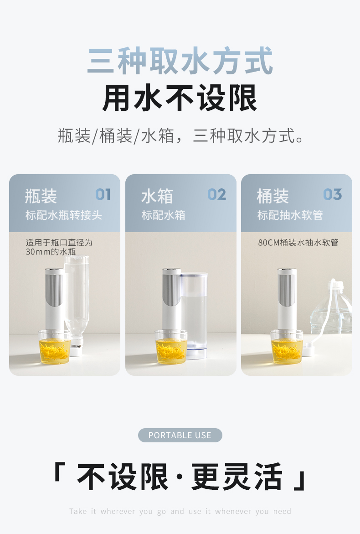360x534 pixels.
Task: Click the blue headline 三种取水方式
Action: tap(180, 61)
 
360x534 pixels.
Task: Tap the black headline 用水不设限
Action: tap(180, 98)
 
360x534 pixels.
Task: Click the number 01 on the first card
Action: tap(103, 194)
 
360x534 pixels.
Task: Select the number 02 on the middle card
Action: tap(217, 194)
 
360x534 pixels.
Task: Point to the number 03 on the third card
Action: tap(333, 194)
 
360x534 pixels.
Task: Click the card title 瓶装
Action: tap(41, 196)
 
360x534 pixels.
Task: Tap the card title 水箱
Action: tap(157, 196)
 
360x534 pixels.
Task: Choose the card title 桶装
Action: tap(273, 196)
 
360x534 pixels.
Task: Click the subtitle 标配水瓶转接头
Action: tap(64, 215)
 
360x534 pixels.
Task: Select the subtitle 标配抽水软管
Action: tap(290, 215)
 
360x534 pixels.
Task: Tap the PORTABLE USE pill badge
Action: tap(180, 435)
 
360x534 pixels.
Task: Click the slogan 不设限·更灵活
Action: tap(180, 477)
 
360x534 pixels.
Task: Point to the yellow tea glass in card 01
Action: tap(54, 347)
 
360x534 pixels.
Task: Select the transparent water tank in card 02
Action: tap(194, 316)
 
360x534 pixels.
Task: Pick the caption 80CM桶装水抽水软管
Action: tap(298, 243)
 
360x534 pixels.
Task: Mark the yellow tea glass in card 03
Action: tap(287, 347)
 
